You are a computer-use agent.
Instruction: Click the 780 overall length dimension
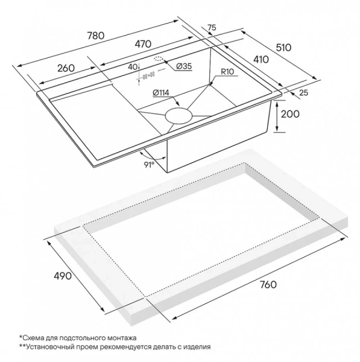(x=96, y=36)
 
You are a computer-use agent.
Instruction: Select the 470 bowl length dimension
(x=143, y=44)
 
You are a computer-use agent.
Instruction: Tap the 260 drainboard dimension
(x=66, y=68)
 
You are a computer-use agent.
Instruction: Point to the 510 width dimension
(x=284, y=48)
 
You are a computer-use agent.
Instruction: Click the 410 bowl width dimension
(x=261, y=60)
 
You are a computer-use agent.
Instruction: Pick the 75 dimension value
(x=212, y=28)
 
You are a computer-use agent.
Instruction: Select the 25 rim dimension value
(x=304, y=93)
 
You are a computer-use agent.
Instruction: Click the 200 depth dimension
(x=290, y=114)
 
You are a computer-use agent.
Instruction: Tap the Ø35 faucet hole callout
(x=184, y=66)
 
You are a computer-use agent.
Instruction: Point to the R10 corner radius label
(x=227, y=72)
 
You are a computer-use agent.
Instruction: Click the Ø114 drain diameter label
(x=161, y=93)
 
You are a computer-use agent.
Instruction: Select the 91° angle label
(x=149, y=165)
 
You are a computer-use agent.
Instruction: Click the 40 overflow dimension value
(x=133, y=67)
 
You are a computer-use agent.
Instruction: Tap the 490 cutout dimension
(x=63, y=276)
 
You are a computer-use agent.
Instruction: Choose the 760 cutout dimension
(x=268, y=284)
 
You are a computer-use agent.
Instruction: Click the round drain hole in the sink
(x=178, y=115)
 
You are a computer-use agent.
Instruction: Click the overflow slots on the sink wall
(x=148, y=75)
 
